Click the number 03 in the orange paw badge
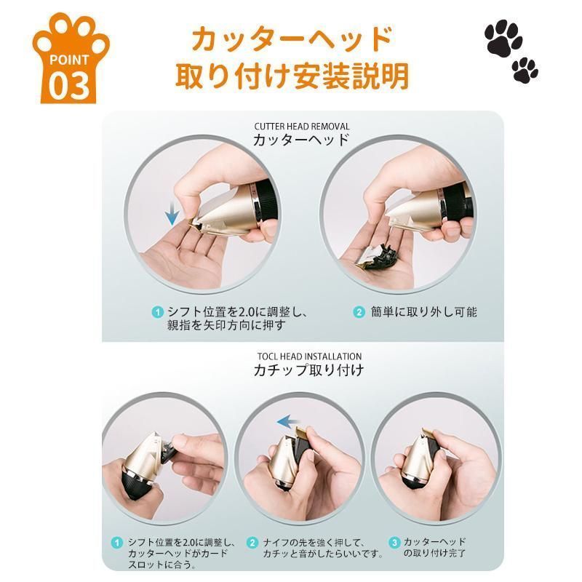pyautogui.click(x=69, y=85)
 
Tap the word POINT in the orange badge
pyautogui.click(x=69, y=60)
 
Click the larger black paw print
pyautogui.click(x=503, y=38)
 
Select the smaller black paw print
pyautogui.click(x=525, y=70)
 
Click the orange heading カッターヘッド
pyautogui.click(x=292, y=39)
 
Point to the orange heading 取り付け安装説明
pyautogui.click(x=292, y=76)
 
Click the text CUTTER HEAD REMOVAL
pyautogui.click(x=302, y=126)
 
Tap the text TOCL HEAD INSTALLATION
pyautogui.click(x=309, y=356)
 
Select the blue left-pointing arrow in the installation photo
pyautogui.click(x=289, y=422)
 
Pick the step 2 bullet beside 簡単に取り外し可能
pyautogui.click(x=359, y=312)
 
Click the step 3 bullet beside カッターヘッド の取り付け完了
pyautogui.click(x=394, y=543)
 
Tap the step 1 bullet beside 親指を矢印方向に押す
pyautogui.click(x=158, y=312)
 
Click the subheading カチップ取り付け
pyautogui.click(x=308, y=370)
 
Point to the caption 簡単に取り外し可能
pyautogui.click(x=423, y=312)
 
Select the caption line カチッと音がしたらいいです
pyautogui.click(x=323, y=554)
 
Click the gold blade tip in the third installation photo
pyautogui.click(x=429, y=432)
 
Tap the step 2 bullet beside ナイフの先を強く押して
pyautogui.click(x=252, y=543)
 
